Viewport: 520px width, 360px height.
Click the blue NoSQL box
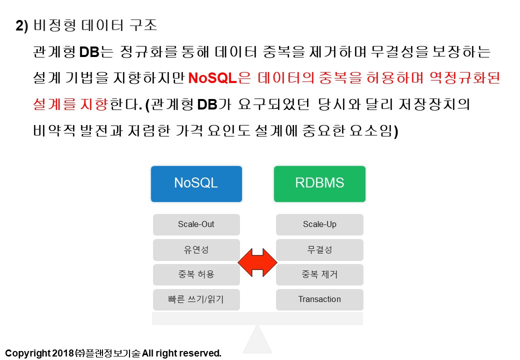tap(196, 184)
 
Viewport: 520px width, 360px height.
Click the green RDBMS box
tap(319, 184)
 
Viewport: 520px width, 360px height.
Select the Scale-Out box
tap(196, 225)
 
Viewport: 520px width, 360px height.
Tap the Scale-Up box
tap(319, 225)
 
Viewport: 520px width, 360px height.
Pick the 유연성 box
tap(196, 250)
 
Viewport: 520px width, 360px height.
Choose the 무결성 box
tap(319, 250)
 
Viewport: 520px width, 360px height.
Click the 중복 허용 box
tap(196, 275)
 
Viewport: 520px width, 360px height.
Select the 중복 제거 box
tap(319, 275)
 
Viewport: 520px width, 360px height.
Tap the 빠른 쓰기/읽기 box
tap(196, 299)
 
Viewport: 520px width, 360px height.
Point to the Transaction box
tap(319, 299)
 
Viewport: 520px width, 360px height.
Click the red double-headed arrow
tap(257, 262)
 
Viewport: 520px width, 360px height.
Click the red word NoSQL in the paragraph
tap(212, 78)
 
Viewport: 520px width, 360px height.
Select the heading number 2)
tap(22, 26)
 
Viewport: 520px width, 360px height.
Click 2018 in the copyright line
tap(62, 353)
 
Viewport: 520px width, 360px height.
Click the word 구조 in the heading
tap(143, 25)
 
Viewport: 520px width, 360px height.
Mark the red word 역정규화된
tap(464, 78)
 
